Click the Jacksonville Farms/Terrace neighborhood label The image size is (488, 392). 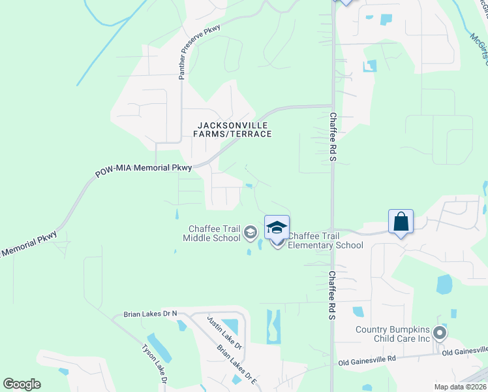[x=232, y=129]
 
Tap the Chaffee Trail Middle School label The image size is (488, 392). [x=214, y=233]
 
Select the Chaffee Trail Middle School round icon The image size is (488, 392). [x=250, y=232]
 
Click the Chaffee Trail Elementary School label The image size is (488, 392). [x=325, y=240]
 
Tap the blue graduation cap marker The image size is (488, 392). [x=277, y=228]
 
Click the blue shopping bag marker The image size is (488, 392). [x=401, y=221]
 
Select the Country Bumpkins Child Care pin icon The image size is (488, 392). [x=440, y=334]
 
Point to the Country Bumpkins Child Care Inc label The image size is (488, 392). [x=393, y=334]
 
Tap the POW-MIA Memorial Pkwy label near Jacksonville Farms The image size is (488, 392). [x=144, y=170]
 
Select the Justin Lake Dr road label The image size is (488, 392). [x=225, y=334]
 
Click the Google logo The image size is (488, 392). [x=22, y=384]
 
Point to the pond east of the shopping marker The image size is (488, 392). [x=444, y=284]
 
